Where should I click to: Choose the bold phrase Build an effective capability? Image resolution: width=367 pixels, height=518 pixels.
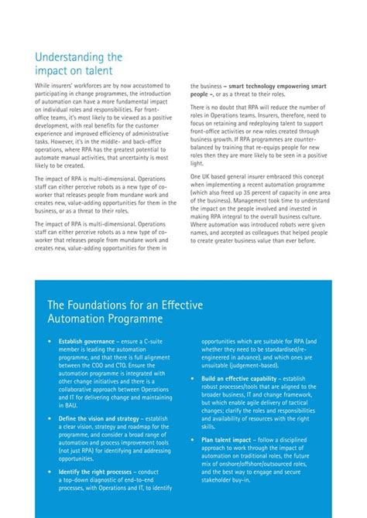[236, 379]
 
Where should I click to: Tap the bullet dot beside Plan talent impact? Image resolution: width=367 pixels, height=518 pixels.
[194, 440]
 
